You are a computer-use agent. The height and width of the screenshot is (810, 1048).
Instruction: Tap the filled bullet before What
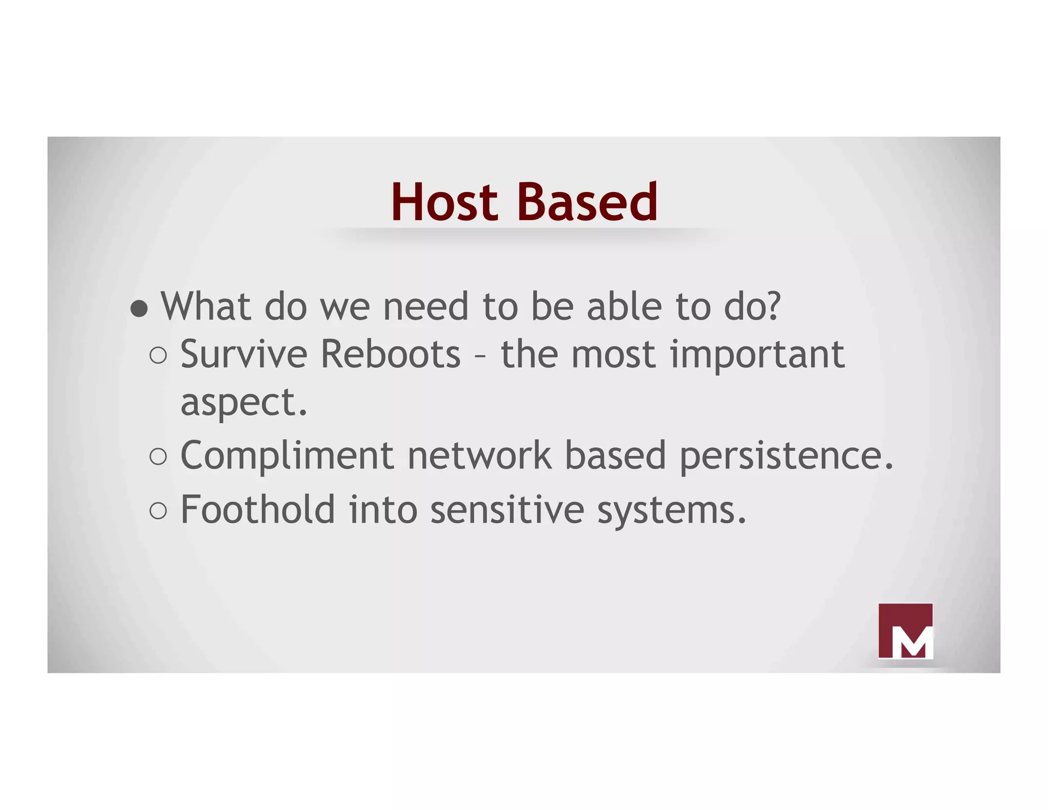tap(139, 309)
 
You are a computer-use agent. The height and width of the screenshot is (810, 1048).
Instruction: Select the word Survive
tap(244, 354)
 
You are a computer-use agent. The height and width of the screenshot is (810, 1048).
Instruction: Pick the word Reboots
tap(390, 354)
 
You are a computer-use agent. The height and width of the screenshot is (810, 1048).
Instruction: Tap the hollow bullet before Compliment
tap(158, 456)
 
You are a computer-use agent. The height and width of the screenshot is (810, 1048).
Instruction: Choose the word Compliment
tap(287, 455)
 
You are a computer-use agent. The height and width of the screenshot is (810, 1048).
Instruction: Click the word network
tap(479, 455)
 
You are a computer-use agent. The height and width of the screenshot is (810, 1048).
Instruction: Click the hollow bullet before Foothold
tap(158, 510)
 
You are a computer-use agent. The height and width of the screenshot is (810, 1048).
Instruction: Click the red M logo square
tap(905, 631)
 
